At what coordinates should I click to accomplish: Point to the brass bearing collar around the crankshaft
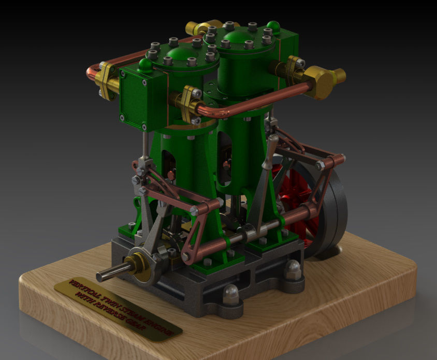tap(138, 261)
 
